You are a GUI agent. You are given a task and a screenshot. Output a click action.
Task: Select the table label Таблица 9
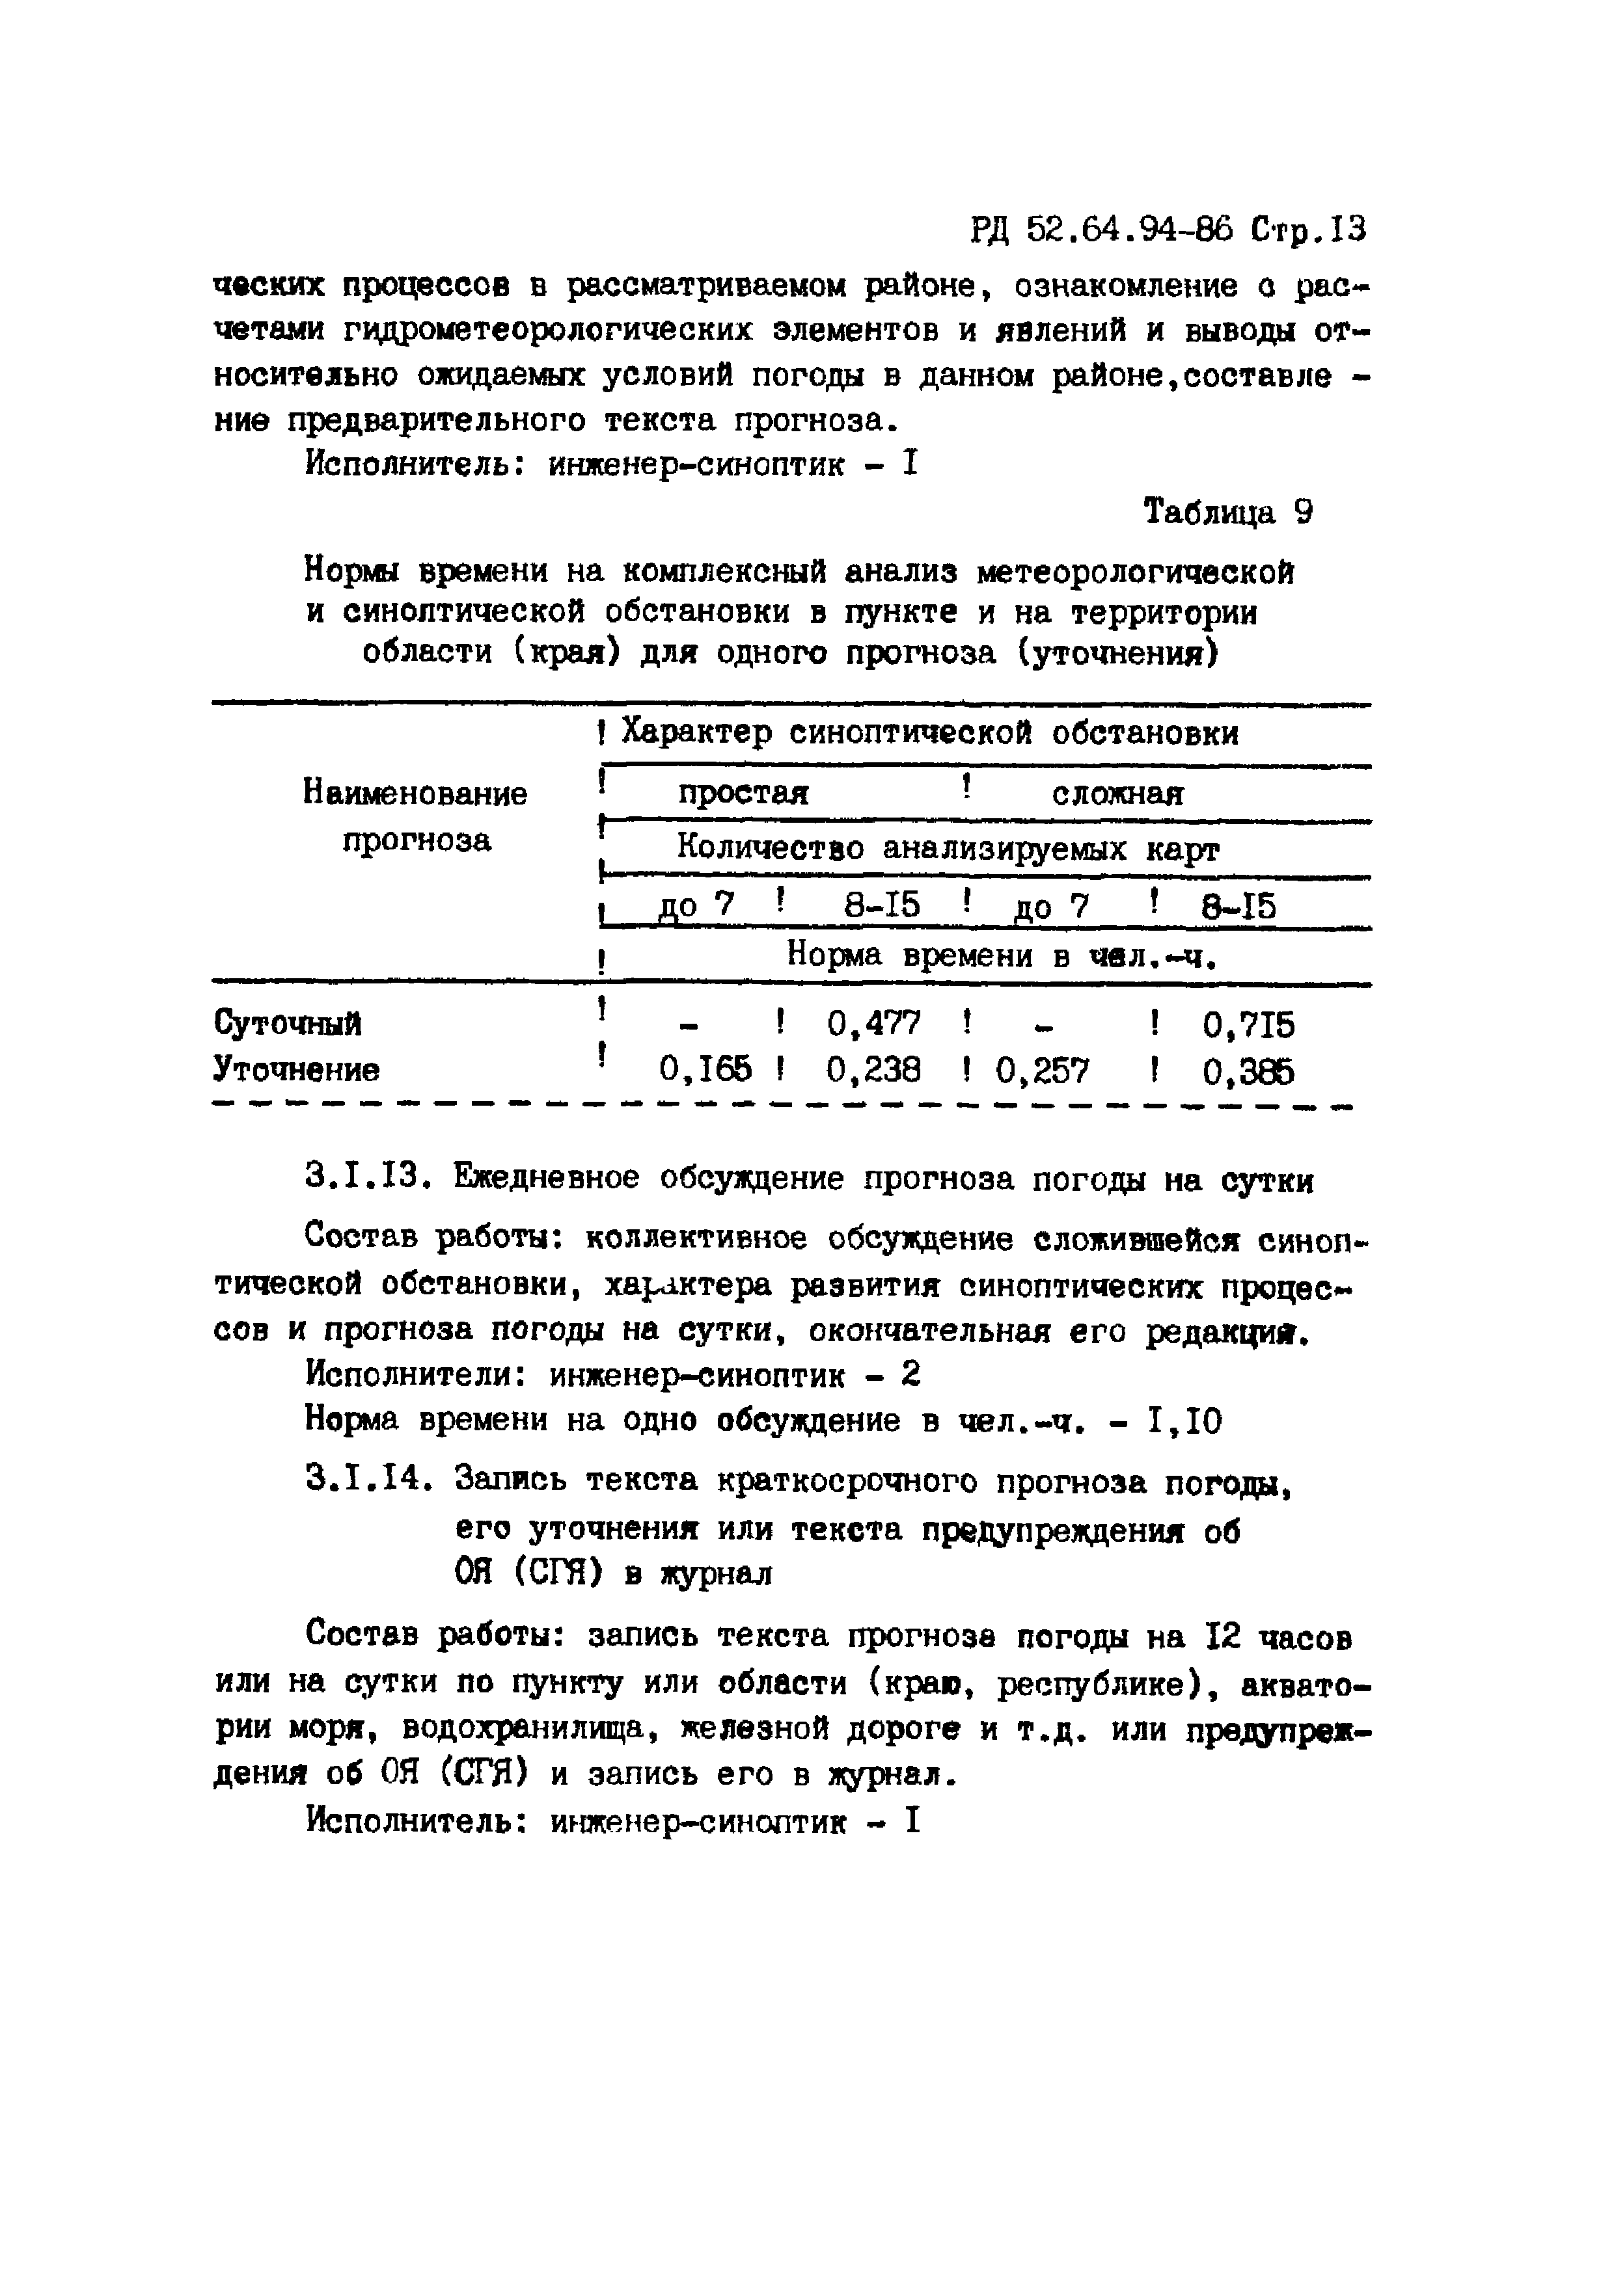click(1228, 512)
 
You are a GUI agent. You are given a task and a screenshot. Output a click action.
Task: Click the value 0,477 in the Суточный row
click(873, 1022)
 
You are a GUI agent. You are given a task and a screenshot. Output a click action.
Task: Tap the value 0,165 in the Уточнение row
click(705, 1070)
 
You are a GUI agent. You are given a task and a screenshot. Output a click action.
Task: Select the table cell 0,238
click(873, 1070)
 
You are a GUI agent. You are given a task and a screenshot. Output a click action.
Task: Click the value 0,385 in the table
click(1248, 1072)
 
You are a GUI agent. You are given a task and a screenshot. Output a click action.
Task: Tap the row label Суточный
click(288, 1023)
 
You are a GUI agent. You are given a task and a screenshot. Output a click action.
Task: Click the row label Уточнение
click(296, 1070)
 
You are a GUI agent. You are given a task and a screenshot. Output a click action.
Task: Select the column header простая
click(743, 793)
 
